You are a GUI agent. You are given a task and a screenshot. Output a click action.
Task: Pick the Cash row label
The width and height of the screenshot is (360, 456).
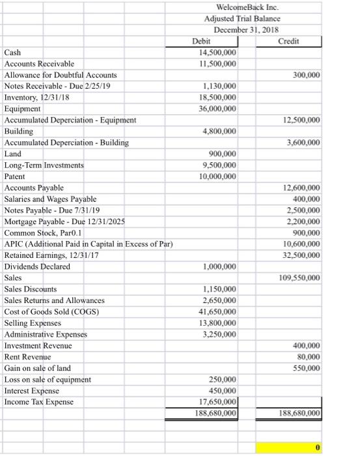click(x=14, y=52)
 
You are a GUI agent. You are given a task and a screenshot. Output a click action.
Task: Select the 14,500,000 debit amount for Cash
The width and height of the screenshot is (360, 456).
click(x=216, y=52)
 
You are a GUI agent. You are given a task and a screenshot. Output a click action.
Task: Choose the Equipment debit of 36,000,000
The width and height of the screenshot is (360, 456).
click(x=216, y=109)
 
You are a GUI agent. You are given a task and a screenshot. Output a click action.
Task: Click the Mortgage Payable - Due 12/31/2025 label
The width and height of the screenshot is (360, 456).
click(x=64, y=221)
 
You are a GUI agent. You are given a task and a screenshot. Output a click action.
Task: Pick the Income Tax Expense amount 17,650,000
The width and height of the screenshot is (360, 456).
click(x=216, y=402)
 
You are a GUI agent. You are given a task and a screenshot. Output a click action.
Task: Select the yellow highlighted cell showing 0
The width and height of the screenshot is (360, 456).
click(x=288, y=448)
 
